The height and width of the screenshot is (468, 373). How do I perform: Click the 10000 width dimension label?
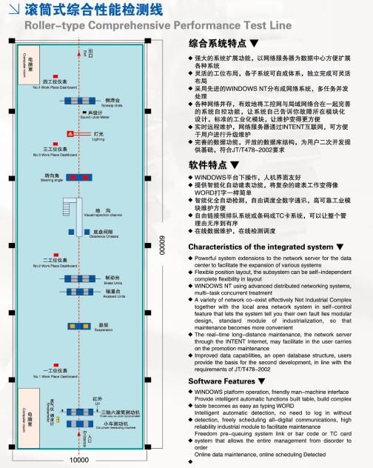pos(80,460)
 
